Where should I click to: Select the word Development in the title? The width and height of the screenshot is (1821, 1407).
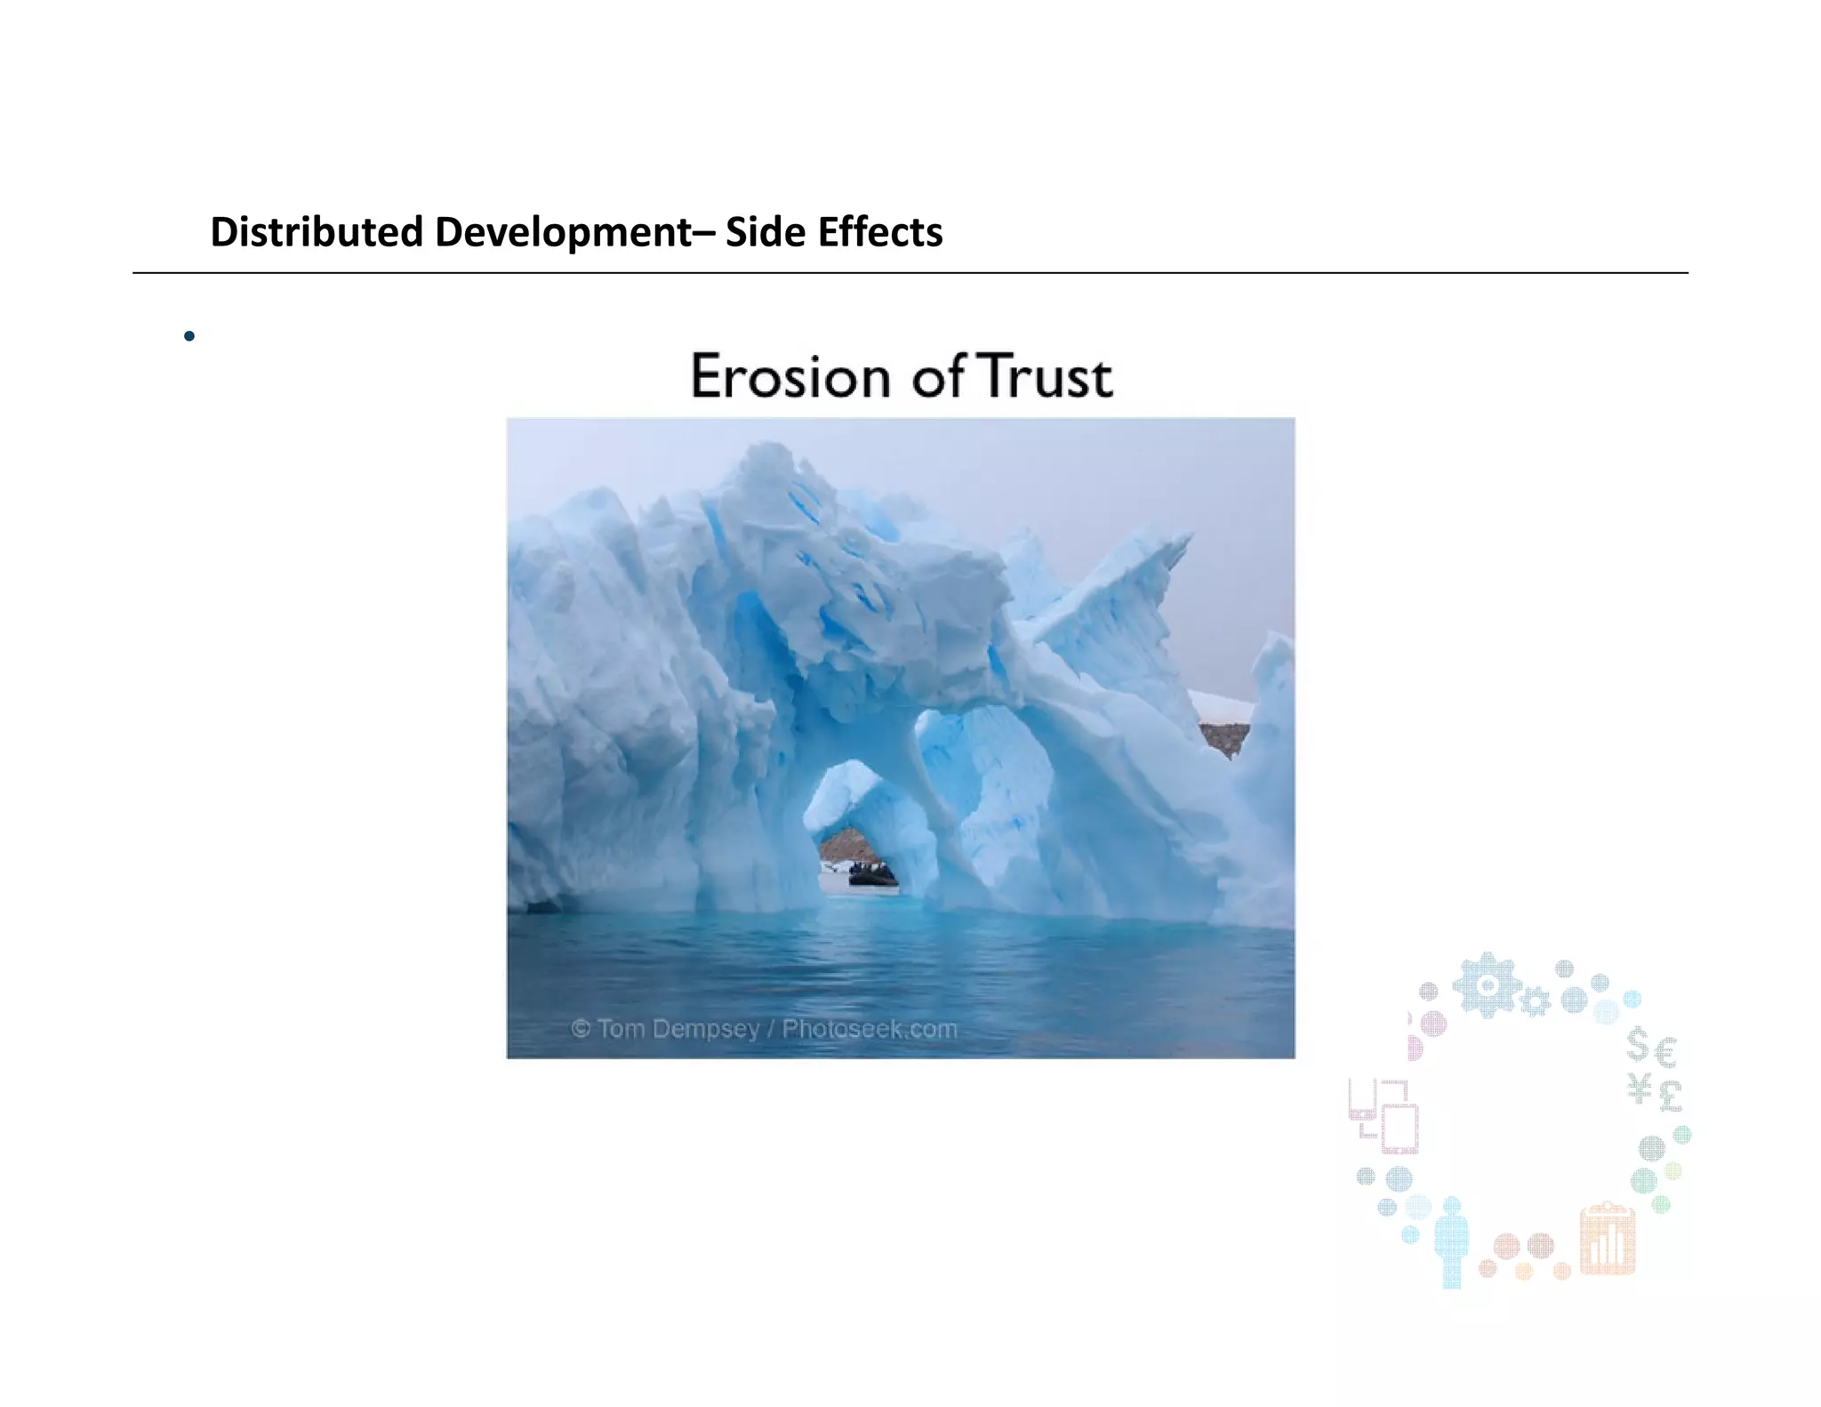[x=563, y=233]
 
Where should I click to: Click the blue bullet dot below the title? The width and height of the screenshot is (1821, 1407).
[x=189, y=336]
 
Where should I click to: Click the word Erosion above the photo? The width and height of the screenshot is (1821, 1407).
[x=790, y=376]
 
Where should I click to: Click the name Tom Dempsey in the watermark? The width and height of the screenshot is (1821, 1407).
[x=678, y=1029]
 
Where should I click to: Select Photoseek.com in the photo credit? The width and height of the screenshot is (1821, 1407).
[x=870, y=1029]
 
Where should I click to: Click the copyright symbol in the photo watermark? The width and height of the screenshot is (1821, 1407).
[x=580, y=1029]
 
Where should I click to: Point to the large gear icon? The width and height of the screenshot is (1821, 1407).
[x=1486, y=985]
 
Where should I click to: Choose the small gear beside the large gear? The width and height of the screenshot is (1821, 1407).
[x=1534, y=1003]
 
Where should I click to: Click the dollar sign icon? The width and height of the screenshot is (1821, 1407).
[x=1638, y=1044]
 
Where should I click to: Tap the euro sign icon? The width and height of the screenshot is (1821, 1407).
[x=1666, y=1053]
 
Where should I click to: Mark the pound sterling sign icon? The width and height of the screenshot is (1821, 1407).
[x=1670, y=1096]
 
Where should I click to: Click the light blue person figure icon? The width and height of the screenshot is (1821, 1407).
[x=1451, y=1242]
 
